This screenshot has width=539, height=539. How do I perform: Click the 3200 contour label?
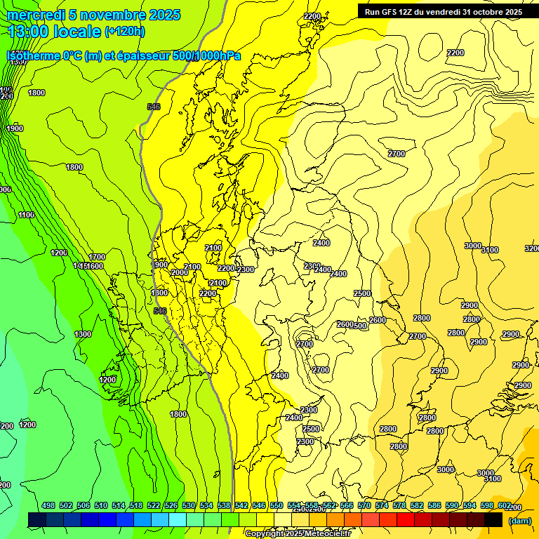pyautogui.click(x=533, y=248)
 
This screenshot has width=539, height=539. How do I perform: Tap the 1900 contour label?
pyautogui.click(x=15, y=128)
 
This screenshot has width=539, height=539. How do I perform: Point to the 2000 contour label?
pyautogui.click(x=180, y=272)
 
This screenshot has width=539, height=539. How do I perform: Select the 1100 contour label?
pyautogui.click(x=27, y=215)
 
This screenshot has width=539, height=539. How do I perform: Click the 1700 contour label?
pyautogui.click(x=97, y=257)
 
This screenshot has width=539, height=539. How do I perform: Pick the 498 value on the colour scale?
pyautogui.click(x=48, y=505)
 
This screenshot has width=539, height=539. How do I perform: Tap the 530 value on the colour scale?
pyautogui.click(x=189, y=505)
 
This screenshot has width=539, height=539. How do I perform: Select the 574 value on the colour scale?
pyautogui.click(x=382, y=505)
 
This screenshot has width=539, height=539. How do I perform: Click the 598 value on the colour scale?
pyautogui.click(x=487, y=505)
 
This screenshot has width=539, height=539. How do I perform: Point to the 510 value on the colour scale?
pyautogui.click(x=101, y=505)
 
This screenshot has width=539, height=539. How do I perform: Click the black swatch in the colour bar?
pyautogui.click(x=493, y=519)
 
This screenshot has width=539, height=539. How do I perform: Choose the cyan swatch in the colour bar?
pyautogui.click(x=178, y=519)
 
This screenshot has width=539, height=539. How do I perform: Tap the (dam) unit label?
pyautogui.click(x=520, y=520)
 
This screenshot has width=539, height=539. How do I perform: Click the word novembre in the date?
pyautogui.click(x=107, y=15)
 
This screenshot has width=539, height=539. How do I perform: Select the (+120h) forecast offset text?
pyautogui.click(x=125, y=31)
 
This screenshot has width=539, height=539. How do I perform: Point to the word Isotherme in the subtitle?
pyautogui.click(x=33, y=55)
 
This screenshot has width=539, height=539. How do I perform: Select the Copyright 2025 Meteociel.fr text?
pyautogui.click(x=298, y=534)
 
